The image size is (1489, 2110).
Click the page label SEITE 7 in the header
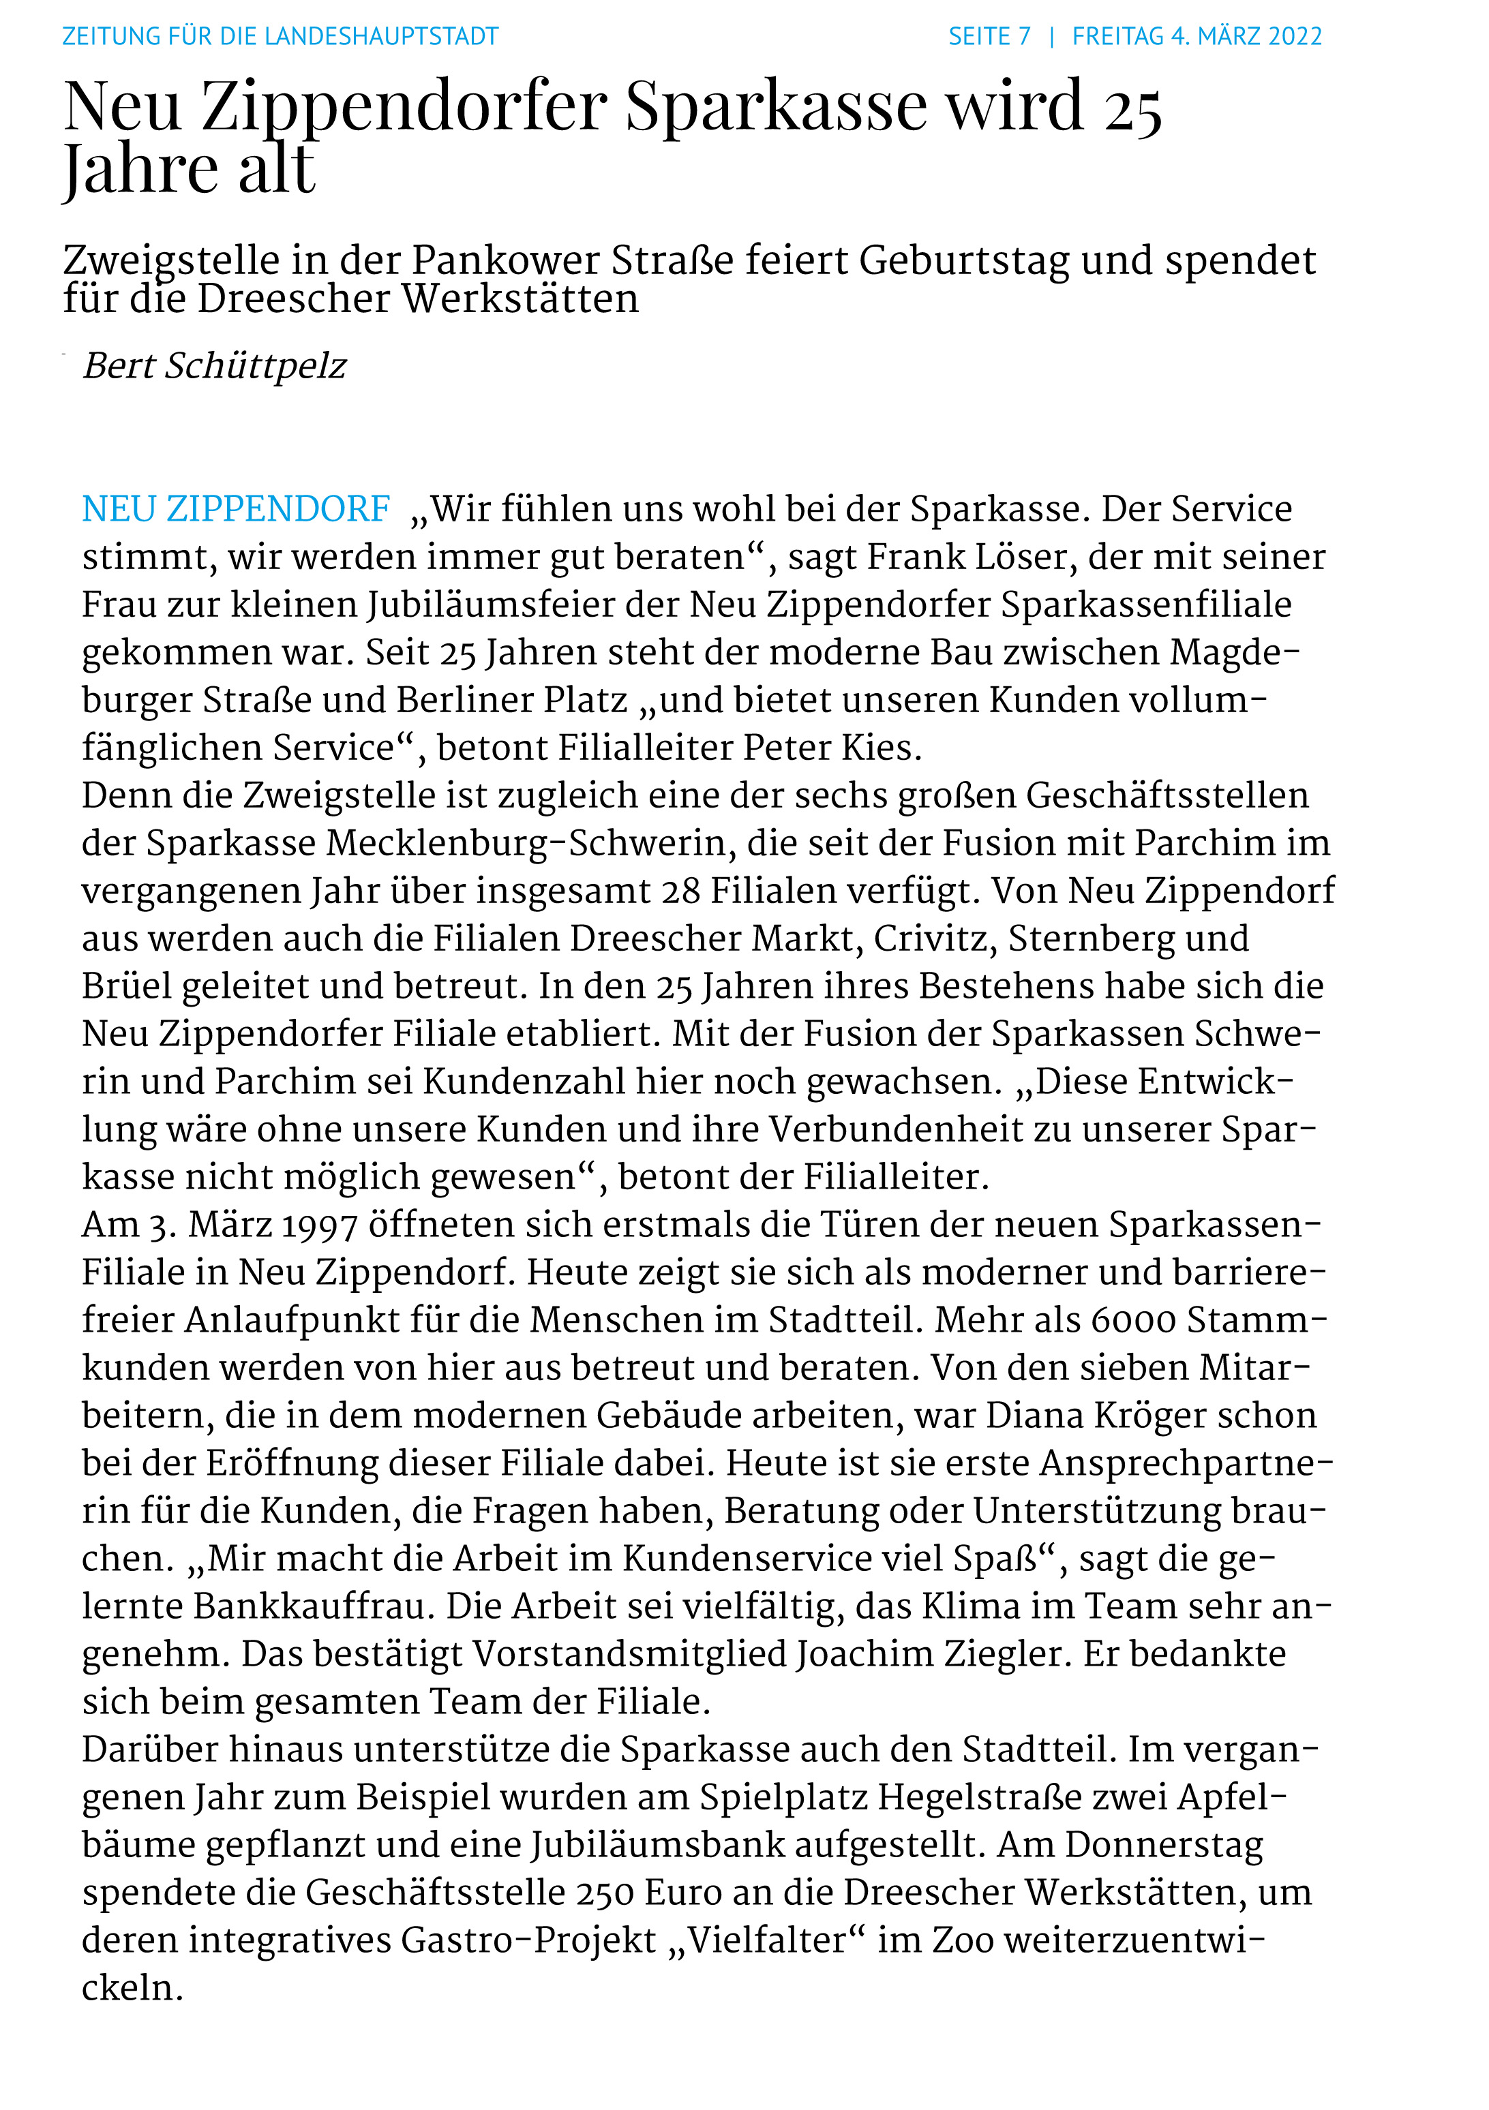pos(989,37)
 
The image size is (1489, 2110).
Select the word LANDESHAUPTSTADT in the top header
pos(381,37)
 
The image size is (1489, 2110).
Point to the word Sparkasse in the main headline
pos(777,106)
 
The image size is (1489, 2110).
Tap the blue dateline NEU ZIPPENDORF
pos(236,509)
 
